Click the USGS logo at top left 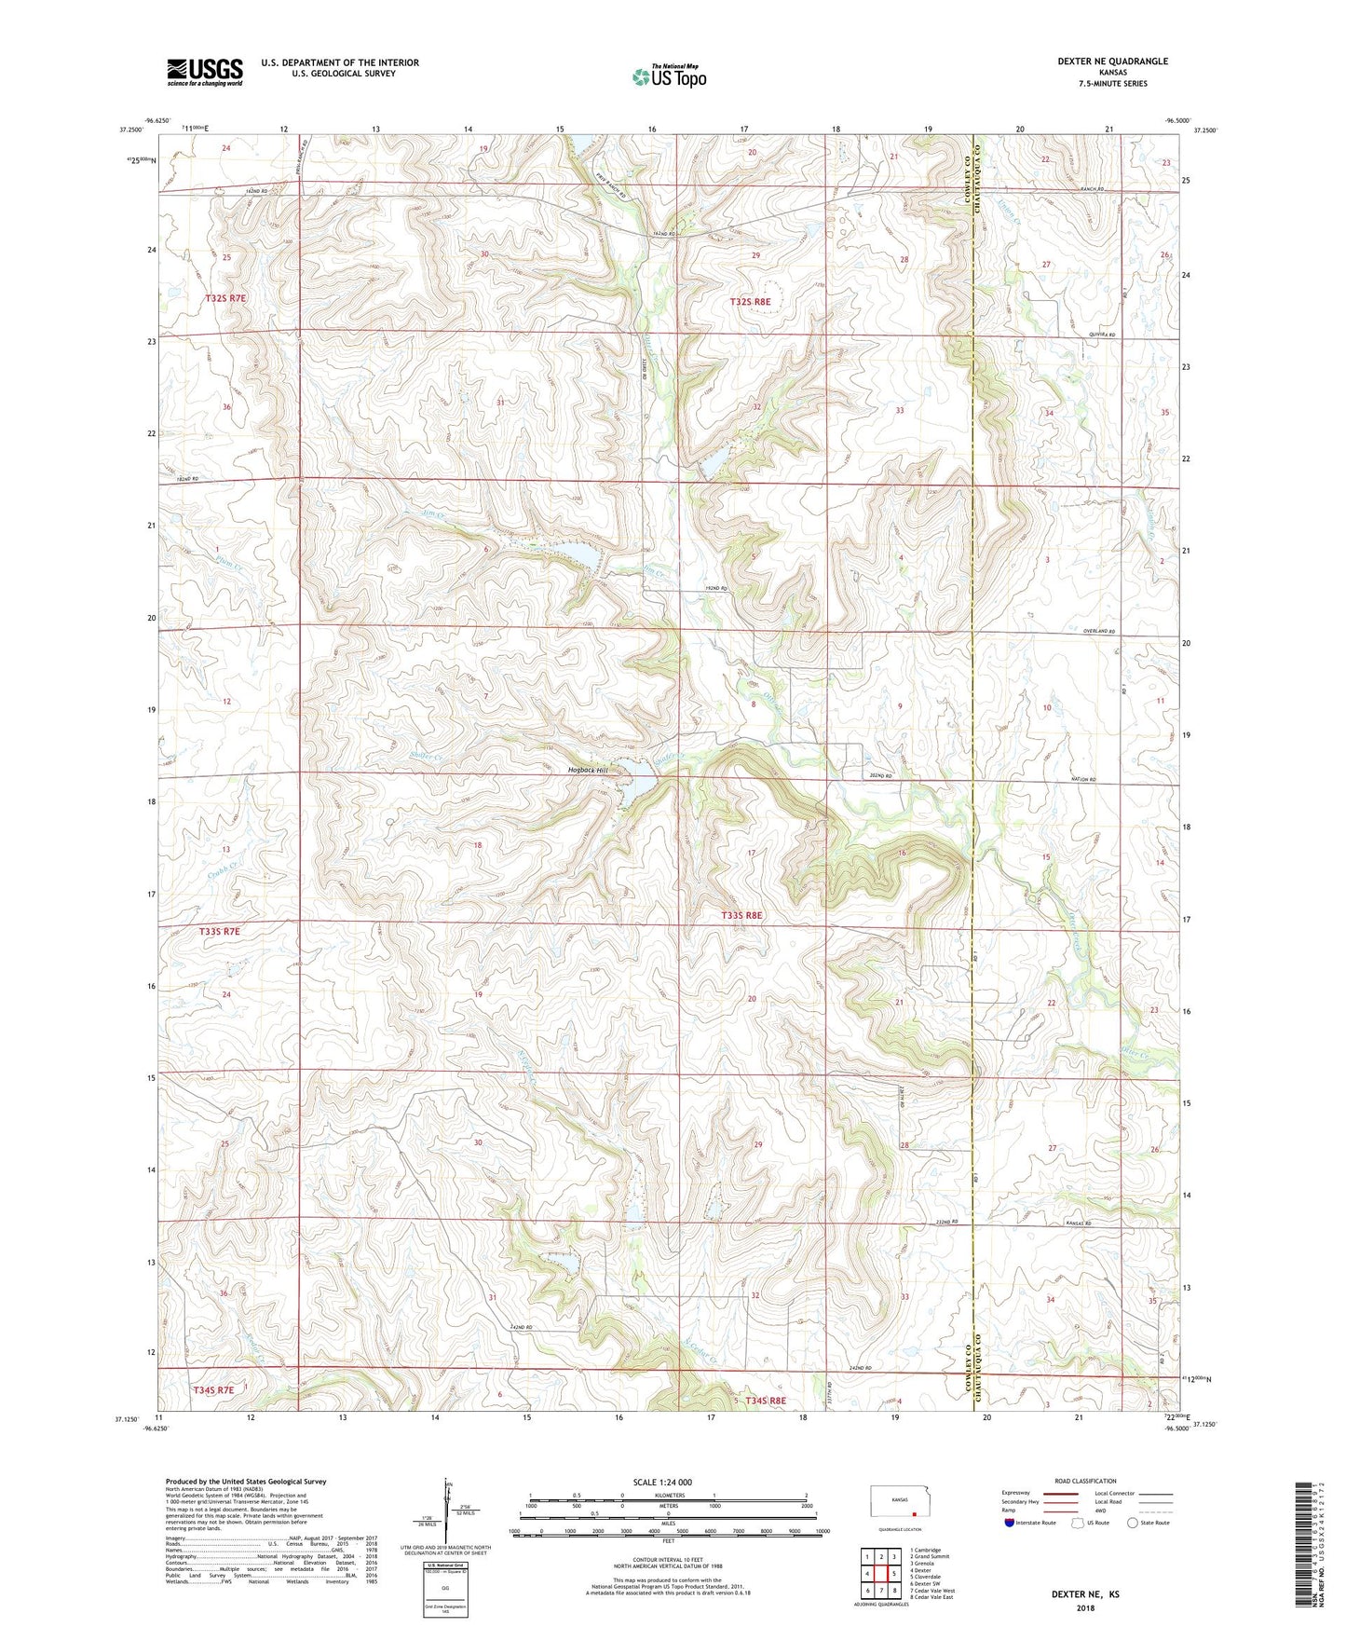pos(204,72)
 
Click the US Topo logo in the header pos(669,76)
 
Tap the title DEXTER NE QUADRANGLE pos(1112,62)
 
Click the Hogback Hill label pos(589,771)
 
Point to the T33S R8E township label pos(741,916)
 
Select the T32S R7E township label pos(225,298)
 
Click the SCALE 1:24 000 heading pos(662,1482)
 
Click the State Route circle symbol pos(1133,1524)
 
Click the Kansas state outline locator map pos(898,1503)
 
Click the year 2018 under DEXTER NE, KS pos(1085,1607)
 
